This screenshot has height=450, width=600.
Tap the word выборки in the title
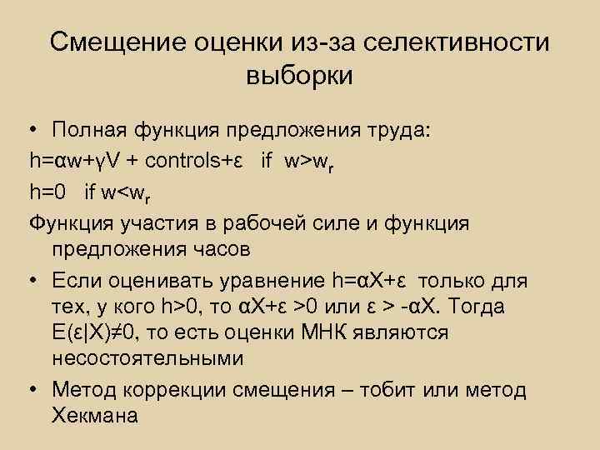point(300,76)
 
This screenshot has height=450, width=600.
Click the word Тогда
point(475,306)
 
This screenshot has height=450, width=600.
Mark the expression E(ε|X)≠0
point(95,332)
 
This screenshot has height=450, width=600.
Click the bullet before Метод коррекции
point(32,388)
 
